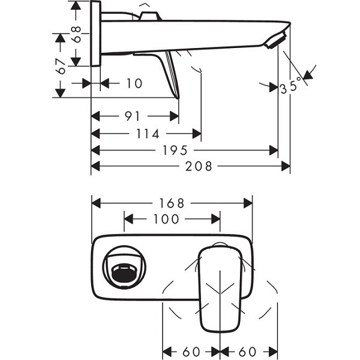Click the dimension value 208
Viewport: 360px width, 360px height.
point(199,166)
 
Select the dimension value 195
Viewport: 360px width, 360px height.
point(175,151)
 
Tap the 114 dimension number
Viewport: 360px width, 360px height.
point(148,134)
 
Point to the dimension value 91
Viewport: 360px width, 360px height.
point(133,116)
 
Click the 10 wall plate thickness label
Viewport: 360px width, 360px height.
point(135,83)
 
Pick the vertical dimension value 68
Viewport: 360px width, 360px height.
point(76,34)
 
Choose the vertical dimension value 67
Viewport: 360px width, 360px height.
point(61,66)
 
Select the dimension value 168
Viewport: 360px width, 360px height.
point(172,203)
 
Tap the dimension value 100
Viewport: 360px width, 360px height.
point(166,219)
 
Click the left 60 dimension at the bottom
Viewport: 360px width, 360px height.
point(191,352)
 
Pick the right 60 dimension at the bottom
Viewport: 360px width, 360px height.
point(247,352)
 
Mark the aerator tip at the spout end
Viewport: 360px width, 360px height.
point(275,40)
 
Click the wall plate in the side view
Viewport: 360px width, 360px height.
point(96,34)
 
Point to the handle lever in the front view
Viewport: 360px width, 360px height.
point(220,289)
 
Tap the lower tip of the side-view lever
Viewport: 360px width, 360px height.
point(178,98)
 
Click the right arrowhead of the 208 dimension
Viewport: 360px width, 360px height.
point(286,166)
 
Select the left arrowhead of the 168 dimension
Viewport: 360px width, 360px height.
point(96,203)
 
